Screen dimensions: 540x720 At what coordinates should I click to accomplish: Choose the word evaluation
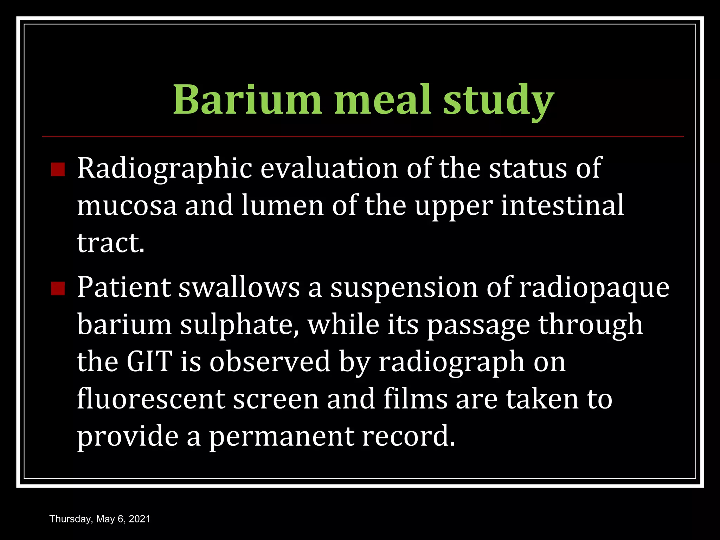(x=329, y=168)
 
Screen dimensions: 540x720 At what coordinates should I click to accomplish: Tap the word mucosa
(x=127, y=206)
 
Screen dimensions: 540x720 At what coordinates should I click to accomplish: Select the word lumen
(x=283, y=206)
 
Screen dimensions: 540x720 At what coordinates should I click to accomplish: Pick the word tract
(x=110, y=243)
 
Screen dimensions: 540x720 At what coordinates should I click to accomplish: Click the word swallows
(x=239, y=288)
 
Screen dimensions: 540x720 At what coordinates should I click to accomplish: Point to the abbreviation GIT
(x=149, y=362)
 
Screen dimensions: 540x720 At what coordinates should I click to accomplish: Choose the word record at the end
(x=408, y=436)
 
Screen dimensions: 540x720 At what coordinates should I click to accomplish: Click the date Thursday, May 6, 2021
(x=100, y=519)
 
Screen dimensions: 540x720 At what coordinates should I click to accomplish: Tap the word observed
(x=270, y=362)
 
